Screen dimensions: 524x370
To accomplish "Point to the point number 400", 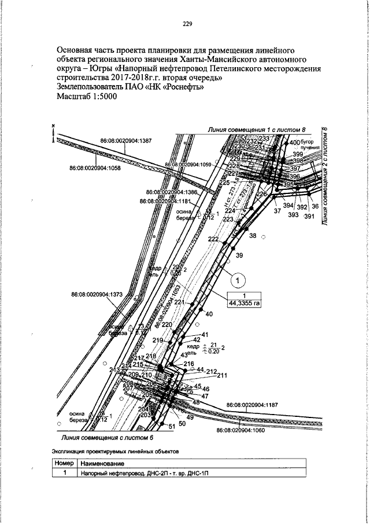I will (295, 142).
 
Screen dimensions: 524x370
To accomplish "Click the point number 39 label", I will (240, 255).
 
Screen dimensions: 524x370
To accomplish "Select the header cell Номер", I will (64, 464).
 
